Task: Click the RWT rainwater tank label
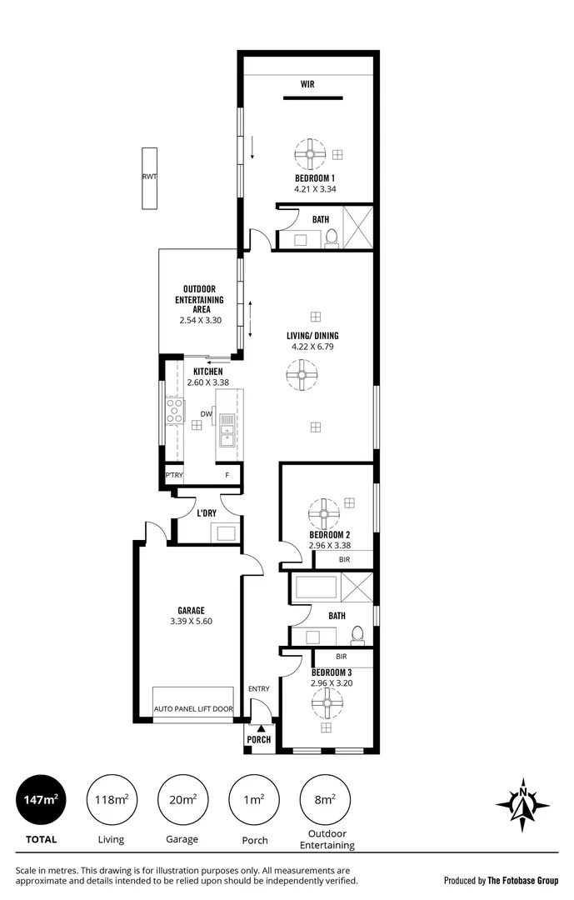coord(149,177)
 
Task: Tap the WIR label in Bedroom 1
coord(312,84)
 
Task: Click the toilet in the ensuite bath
coord(331,237)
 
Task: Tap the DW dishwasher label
coord(207,414)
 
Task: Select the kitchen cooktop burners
coord(175,409)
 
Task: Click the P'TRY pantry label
coord(174,475)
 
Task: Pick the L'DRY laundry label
coord(207,512)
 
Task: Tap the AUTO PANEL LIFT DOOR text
coord(193,709)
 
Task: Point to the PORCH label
coord(259,739)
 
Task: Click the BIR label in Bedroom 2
coord(342,560)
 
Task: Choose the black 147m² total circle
coord(40,800)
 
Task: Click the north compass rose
coord(522,804)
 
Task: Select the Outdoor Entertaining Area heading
coord(199,299)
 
